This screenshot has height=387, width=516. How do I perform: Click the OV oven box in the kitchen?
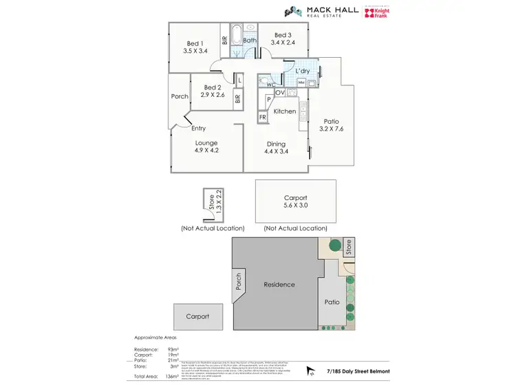pos(280,92)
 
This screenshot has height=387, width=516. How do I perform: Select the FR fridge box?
pos(262,118)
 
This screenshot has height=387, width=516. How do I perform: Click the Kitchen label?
pos(284,111)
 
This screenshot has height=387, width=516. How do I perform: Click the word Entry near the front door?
pos(198,129)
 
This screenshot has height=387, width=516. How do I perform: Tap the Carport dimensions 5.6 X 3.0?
pos(295,206)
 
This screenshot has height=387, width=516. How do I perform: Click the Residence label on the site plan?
pos(279,285)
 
